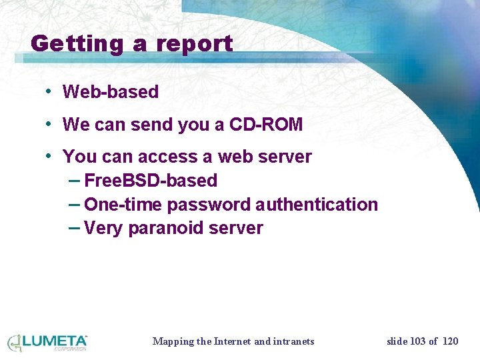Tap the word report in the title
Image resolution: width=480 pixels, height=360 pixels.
coord(194,45)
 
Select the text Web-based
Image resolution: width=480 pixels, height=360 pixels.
coord(111,92)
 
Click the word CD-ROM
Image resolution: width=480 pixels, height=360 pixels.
coord(266,125)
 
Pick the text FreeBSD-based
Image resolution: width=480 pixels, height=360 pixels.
coord(151,181)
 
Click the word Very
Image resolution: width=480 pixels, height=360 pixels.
coord(103,229)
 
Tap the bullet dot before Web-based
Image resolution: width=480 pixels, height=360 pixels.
coord(49,91)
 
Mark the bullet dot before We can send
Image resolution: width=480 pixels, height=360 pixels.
coord(49,124)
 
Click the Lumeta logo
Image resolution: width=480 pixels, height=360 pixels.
coord(47,342)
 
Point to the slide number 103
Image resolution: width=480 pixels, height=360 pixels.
coord(417,341)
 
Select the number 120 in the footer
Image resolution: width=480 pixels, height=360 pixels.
coord(451,341)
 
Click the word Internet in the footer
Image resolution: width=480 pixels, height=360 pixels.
coord(232,341)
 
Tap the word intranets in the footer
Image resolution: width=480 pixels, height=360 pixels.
coord(293,341)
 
